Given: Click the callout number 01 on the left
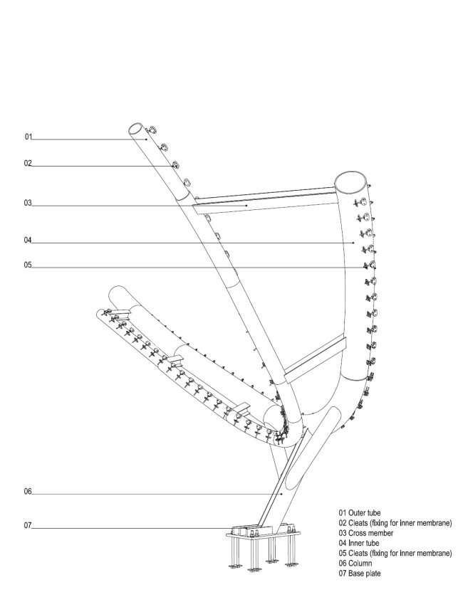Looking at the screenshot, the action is (x=28, y=137).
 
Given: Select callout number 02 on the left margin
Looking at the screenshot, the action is (x=28, y=164).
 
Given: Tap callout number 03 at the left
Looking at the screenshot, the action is (x=28, y=203).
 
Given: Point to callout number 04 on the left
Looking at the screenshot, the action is (x=28, y=240).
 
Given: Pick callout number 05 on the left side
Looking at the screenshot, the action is (x=28, y=265).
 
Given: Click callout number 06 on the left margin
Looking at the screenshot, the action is (x=28, y=492).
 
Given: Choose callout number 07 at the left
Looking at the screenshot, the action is (x=28, y=525).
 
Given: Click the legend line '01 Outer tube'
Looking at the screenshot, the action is (x=360, y=513).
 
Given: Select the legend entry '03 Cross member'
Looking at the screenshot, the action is (x=366, y=533).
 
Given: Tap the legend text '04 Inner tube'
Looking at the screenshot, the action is (x=359, y=543).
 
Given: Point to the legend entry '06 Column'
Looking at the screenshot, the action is (x=355, y=564).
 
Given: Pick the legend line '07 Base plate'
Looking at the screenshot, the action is (x=360, y=574).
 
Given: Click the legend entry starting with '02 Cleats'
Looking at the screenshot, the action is (x=395, y=523).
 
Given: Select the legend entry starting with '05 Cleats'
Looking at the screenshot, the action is (x=395, y=553).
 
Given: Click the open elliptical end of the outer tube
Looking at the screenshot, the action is (x=135, y=129).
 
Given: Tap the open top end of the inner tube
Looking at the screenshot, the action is (x=350, y=182).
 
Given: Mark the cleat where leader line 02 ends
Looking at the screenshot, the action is (x=175, y=165).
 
